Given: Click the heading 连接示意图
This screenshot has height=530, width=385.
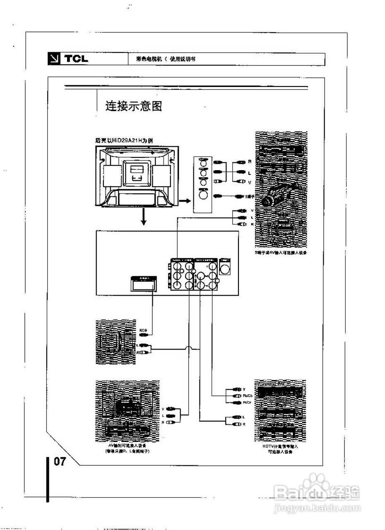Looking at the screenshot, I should [133, 106].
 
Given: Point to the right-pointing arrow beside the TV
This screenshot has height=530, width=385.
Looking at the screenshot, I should [185, 201].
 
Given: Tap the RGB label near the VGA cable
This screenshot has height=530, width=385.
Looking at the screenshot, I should [144, 330].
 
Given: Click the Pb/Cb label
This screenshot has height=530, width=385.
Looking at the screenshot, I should [248, 396].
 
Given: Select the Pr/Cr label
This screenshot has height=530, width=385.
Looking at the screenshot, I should [248, 402].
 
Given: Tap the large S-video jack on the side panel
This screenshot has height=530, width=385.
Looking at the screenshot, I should [203, 194].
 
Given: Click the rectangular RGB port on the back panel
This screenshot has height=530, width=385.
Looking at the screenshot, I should [143, 284].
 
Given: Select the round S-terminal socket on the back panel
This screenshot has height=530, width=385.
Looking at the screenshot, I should [225, 270].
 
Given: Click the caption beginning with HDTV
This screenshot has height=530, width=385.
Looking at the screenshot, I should [280, 447].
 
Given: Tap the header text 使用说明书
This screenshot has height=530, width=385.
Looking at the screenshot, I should [183, 59].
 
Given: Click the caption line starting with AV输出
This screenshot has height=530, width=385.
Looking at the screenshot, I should [127, 446].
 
